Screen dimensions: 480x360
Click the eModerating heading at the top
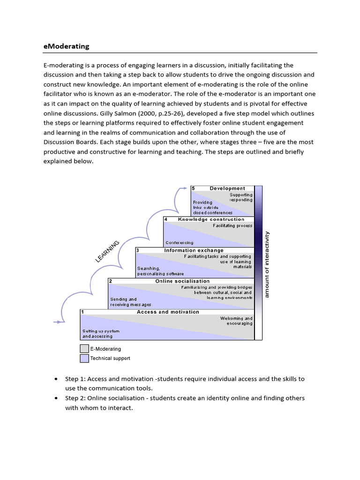[66, 46]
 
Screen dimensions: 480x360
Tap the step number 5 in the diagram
[193, 188]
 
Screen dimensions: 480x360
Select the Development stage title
[227, 188]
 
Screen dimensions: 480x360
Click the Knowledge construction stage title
[211, 219]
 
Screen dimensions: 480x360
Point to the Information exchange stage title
[194, 250]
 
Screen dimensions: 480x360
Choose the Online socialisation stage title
[182, 281]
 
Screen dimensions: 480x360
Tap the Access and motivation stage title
[168, 312]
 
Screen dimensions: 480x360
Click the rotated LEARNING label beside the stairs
[107, 251]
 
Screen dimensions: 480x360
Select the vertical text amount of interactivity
[267, 264]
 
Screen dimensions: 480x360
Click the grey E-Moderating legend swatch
[84, 349]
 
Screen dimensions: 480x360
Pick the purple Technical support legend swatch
[84, 358]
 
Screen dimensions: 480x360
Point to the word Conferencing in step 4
[179, 243]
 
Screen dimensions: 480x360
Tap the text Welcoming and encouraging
[236, 321]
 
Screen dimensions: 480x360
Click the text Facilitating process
[232, 225]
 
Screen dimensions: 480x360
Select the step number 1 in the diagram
[82, 312]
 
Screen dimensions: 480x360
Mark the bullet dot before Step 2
[56, 398]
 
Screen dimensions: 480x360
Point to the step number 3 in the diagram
[138, 250]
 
